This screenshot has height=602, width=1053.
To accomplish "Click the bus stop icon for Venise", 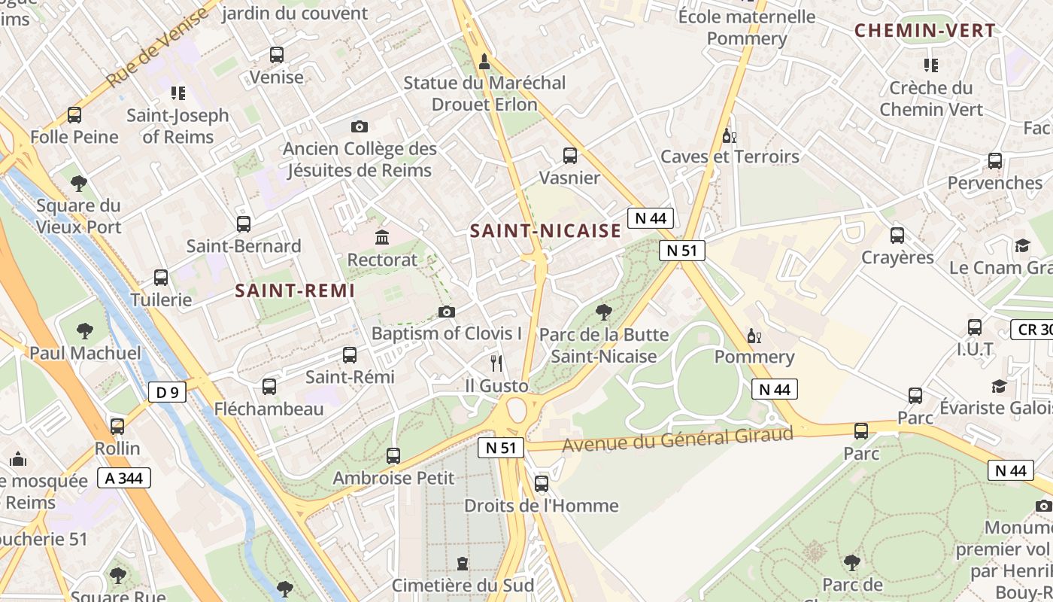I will tap(277, 55).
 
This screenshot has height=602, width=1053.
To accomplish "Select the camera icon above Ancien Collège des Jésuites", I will tap(360, 126).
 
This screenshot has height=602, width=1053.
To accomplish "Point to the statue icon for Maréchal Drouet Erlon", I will tap(484, 61).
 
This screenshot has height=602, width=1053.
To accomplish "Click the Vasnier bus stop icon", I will tap(570, 156).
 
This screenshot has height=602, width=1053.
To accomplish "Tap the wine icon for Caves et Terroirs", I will tap(728, 135).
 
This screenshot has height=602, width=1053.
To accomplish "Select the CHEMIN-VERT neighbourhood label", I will tap(925, 31).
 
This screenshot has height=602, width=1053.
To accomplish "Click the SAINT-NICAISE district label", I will tap(545, 231).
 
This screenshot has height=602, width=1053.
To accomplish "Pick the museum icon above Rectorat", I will tap(382, 238).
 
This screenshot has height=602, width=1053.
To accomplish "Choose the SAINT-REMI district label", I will tap(294, 290).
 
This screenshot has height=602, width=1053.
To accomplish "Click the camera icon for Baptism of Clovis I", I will tap(447, 312).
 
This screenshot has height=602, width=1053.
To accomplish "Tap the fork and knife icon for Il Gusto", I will tap(496, 363).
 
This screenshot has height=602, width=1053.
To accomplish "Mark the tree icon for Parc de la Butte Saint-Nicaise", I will tap(603, 312).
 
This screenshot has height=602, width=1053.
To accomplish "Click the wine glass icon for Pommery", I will tap(754, 336).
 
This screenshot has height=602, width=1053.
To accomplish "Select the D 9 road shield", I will tap(167, 392).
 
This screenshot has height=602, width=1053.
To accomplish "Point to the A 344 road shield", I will tap(124, 478).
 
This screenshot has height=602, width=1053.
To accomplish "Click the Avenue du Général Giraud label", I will tap(677, 439).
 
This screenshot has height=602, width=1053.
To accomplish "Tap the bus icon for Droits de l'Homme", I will tap(542, 484).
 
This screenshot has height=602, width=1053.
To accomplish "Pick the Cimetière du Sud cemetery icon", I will tap(463, 564).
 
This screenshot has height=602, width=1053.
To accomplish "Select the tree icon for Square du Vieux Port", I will tap(78, 183).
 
